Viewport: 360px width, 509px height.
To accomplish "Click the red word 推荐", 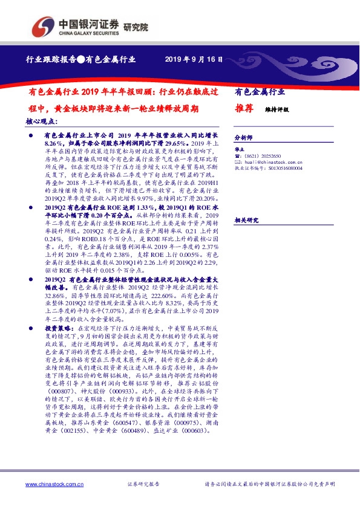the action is click(x=243, y=109).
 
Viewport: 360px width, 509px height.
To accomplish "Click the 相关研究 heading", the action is click(x=244, y=220).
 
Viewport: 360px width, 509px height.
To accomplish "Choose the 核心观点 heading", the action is click(x=42, y=122).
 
